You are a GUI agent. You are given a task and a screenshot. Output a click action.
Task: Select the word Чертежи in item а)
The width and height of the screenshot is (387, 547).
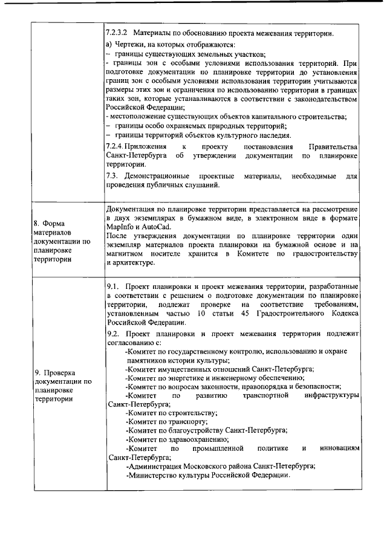click(130, 45)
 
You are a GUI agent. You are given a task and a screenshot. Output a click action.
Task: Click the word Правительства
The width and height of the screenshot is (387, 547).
click(333, 146)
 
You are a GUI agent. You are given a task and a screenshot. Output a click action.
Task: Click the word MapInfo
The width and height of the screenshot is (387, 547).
click(119, 226)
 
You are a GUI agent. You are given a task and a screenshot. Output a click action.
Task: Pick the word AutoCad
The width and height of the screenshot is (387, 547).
click(155, 226)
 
